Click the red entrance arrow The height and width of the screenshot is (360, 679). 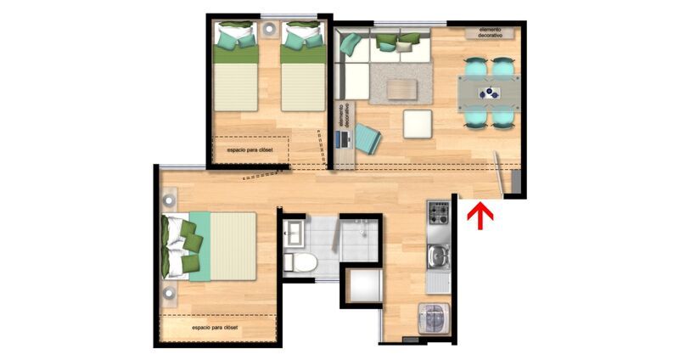tap(480, 216)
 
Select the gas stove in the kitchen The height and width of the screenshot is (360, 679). tap(438, 213)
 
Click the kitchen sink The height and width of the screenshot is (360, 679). tap(438, 256)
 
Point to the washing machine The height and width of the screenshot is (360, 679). tap(434, 318)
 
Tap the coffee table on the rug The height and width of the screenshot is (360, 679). tap(402, 89)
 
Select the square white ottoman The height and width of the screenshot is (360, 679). tap(418, 124)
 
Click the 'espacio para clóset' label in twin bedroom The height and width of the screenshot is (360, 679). tap(250, 150)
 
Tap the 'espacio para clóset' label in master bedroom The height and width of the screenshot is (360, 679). tap(215, 328)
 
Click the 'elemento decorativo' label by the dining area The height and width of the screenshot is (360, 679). tap(491, 32)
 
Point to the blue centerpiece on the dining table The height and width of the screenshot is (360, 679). tap(490, 93)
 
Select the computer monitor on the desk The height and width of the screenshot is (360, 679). tap(338, 138)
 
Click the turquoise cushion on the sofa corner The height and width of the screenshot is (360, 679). tap(351, 44)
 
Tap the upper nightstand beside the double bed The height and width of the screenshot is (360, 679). tap(169, 200)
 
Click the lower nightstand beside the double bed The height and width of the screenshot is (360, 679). tap(169, 294)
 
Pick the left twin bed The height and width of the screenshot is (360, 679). tap(236, 66)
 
